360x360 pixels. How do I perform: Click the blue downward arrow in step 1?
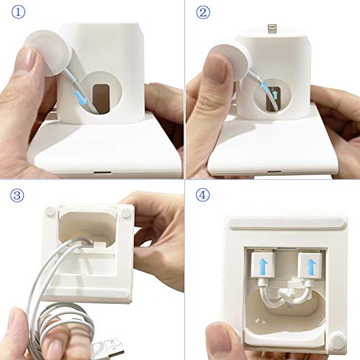79,94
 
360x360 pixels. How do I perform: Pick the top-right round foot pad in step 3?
127,213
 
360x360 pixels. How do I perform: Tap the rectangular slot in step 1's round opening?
101,96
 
